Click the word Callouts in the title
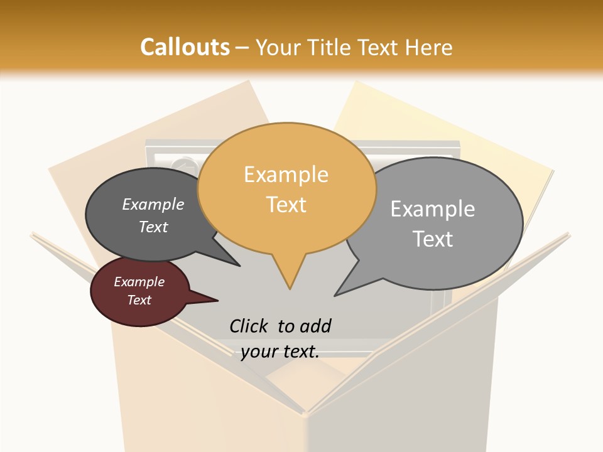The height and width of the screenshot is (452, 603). [x=185, y=47]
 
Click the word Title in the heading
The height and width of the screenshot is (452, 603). [x=330, y=48]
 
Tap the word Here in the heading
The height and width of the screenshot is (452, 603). [x=429, y=48]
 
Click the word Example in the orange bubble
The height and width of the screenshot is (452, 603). [x=286, y=175]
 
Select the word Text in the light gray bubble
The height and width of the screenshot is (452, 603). [x=433, y=239]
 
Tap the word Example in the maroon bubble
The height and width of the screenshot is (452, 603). [x=139, y=282]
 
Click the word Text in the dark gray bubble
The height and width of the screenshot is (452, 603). [x=153, y=227]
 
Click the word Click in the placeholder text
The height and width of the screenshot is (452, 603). [x=250, y=326]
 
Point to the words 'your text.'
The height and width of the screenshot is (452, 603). [x=280, y=352]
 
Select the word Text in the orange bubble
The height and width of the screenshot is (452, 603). [x=286, y=205]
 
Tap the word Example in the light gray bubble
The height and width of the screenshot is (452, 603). [x=433, y=209]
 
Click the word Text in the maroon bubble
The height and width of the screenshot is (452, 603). [x=139, y=300]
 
